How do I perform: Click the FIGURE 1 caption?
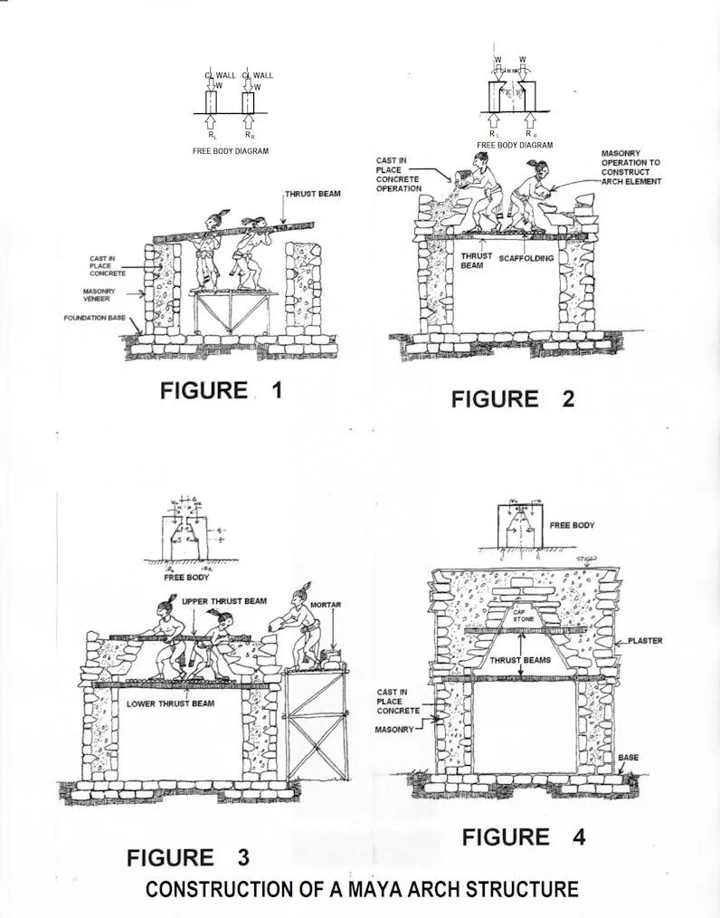(x=222, y=390)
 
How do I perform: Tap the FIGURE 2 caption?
(x=513, y=398)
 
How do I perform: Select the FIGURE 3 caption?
(x=188, y=856)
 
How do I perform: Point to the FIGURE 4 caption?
(x=524, y=837)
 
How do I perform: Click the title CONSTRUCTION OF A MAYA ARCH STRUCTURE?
(x=362, y=889)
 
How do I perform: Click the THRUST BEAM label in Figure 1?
(x=313, y=195)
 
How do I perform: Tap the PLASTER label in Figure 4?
(x=645, y=640)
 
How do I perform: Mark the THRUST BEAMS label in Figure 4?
(x=522, y=661)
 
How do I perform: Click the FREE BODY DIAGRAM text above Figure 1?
(x=230, y=151)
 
